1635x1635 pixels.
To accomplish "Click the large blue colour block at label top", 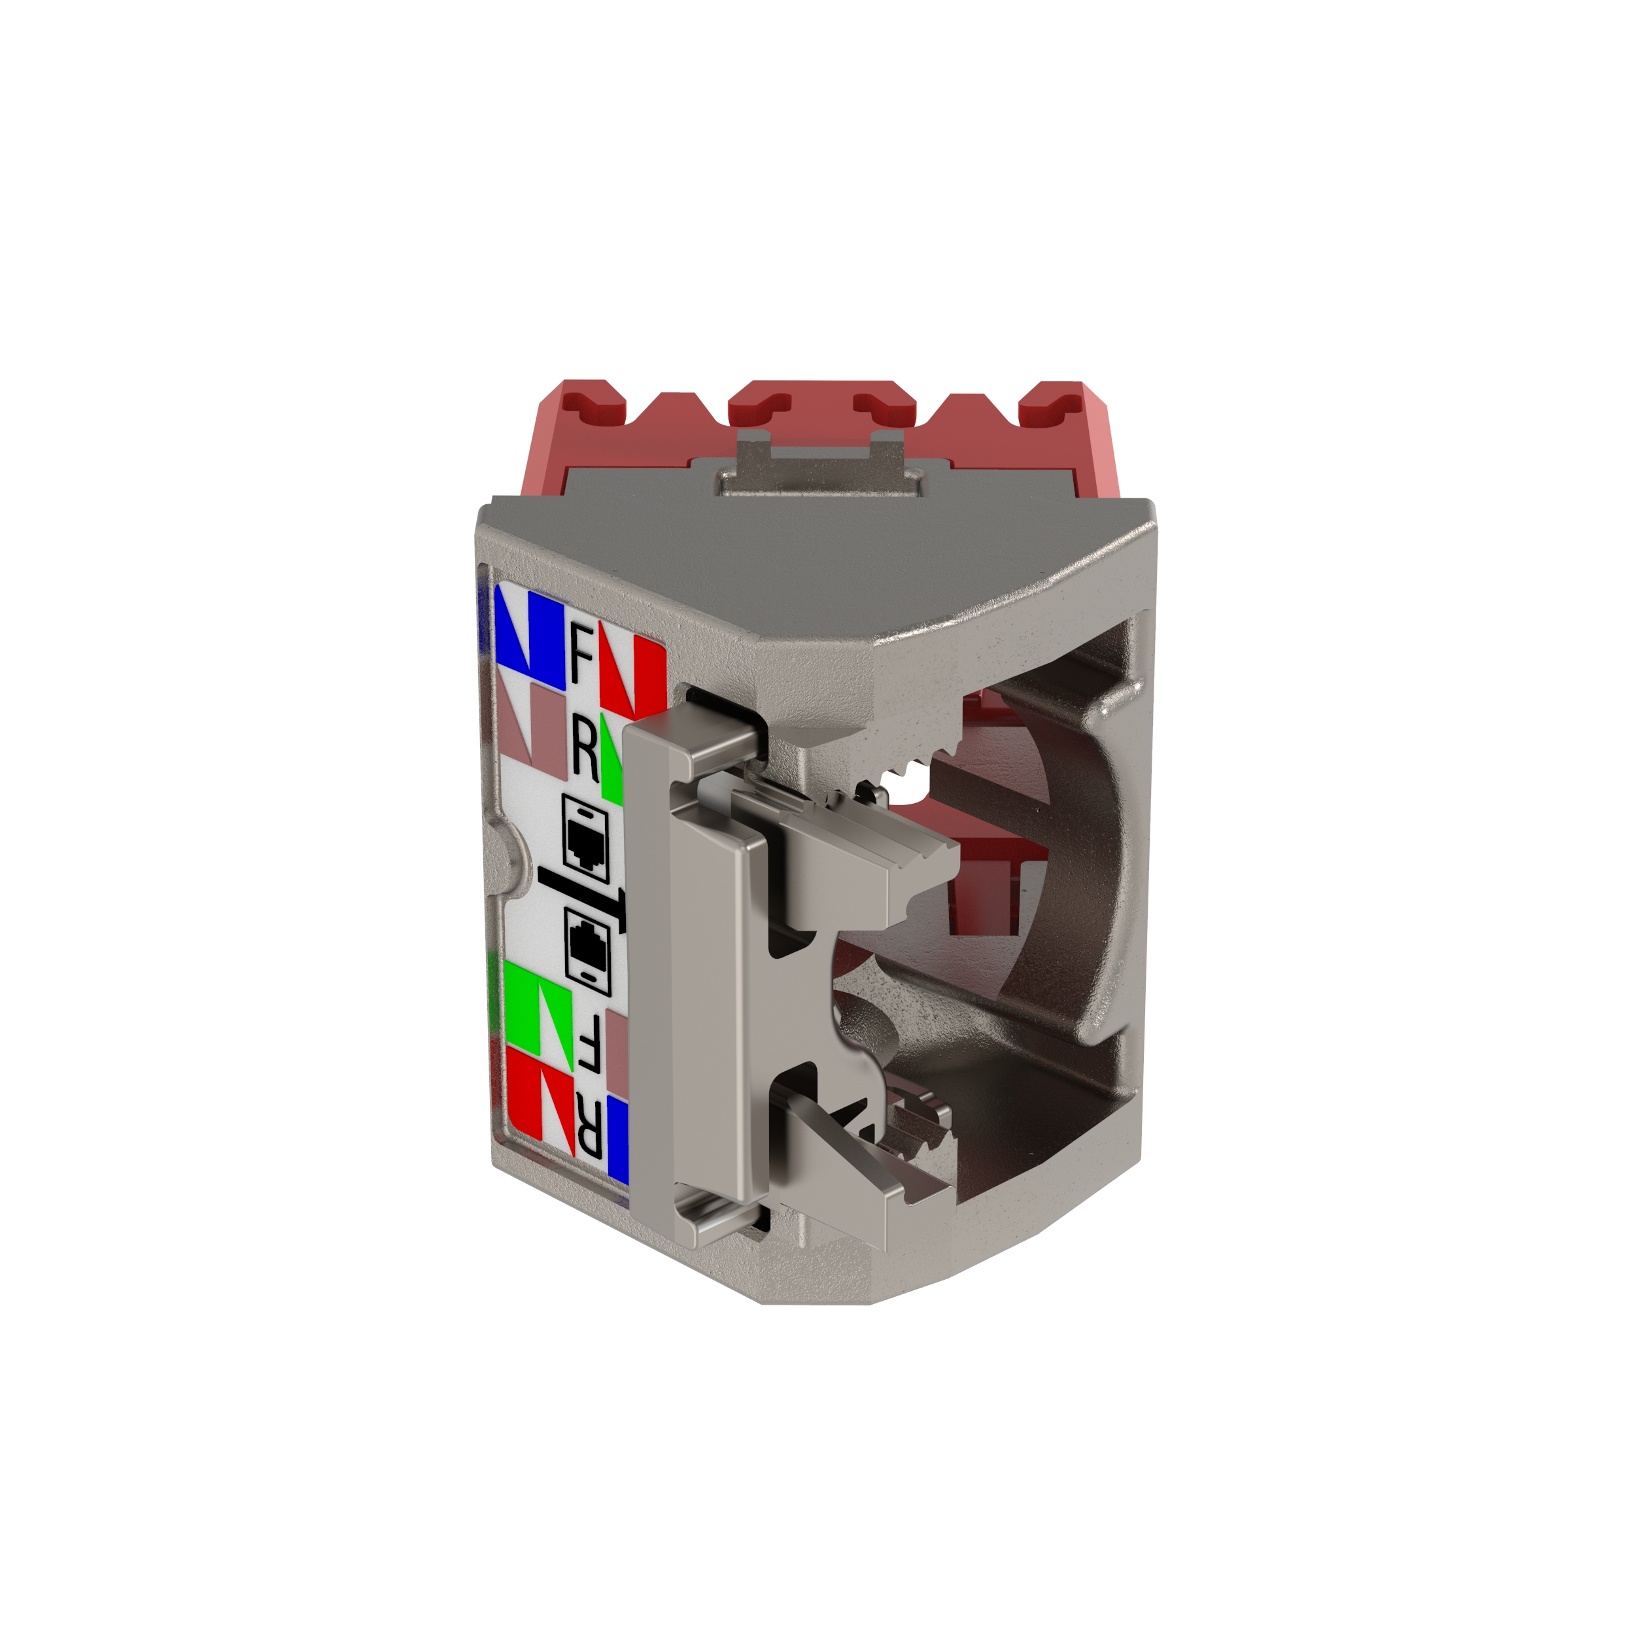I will tap(532, 636).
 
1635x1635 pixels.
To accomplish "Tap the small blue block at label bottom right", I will tap(619, 1141).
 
